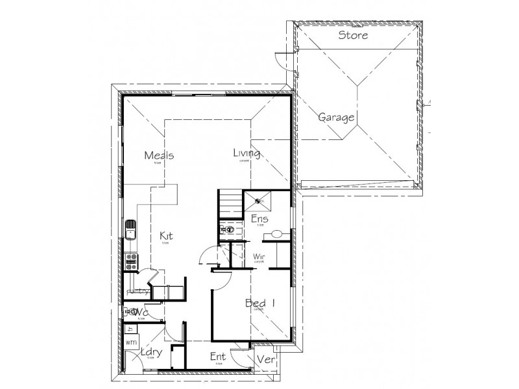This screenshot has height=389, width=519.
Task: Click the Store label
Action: pyautogui.click(x=353, y=35)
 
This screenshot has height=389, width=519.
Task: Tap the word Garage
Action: pyautogui.click(x=336, y=118)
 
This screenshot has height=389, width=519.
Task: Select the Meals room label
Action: pyautogui.click(x=159, y=156)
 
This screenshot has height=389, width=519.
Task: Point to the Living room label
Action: pyautogui.click(x=247, y=154)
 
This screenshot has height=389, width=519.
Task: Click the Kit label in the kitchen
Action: pyautogui.click(x=166, y=237)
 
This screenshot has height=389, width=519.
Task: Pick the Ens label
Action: pyautogui.click(x=259, y=219)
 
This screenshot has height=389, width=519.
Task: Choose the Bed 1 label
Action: pyautogui.click(x=260, y=303)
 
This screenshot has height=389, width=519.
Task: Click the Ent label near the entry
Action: pyautogui.click(x=217, y=357)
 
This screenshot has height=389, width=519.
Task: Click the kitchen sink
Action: pyautogui.click(x=131, y=230)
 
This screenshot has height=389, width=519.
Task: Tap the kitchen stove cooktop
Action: pyautogui.click(x=131, y=261)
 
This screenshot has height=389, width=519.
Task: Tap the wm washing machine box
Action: pyautogui.click(x=131, y=341)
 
